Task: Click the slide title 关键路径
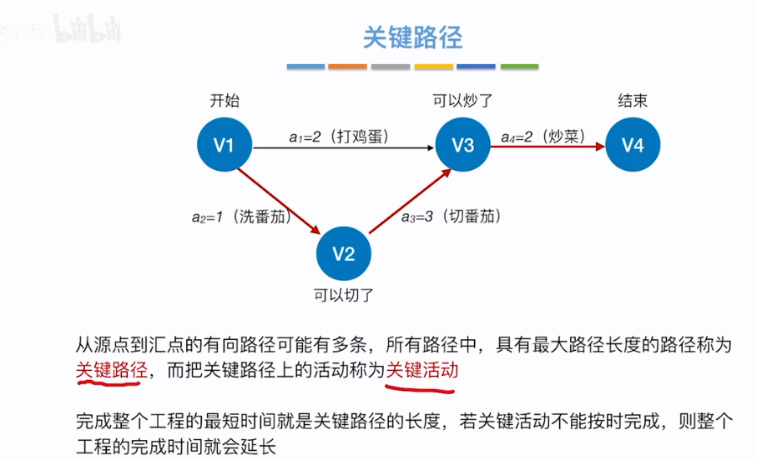412,37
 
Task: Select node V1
224,146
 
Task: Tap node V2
344,253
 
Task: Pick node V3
463,146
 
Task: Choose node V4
633,146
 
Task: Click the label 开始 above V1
224,101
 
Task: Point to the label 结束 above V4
633,101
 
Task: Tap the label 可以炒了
463,101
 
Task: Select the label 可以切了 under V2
343,294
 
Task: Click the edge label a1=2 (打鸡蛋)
338,136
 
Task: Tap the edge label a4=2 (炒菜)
542,136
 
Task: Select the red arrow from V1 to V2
280,200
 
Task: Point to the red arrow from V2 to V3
410,200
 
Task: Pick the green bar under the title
518,66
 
